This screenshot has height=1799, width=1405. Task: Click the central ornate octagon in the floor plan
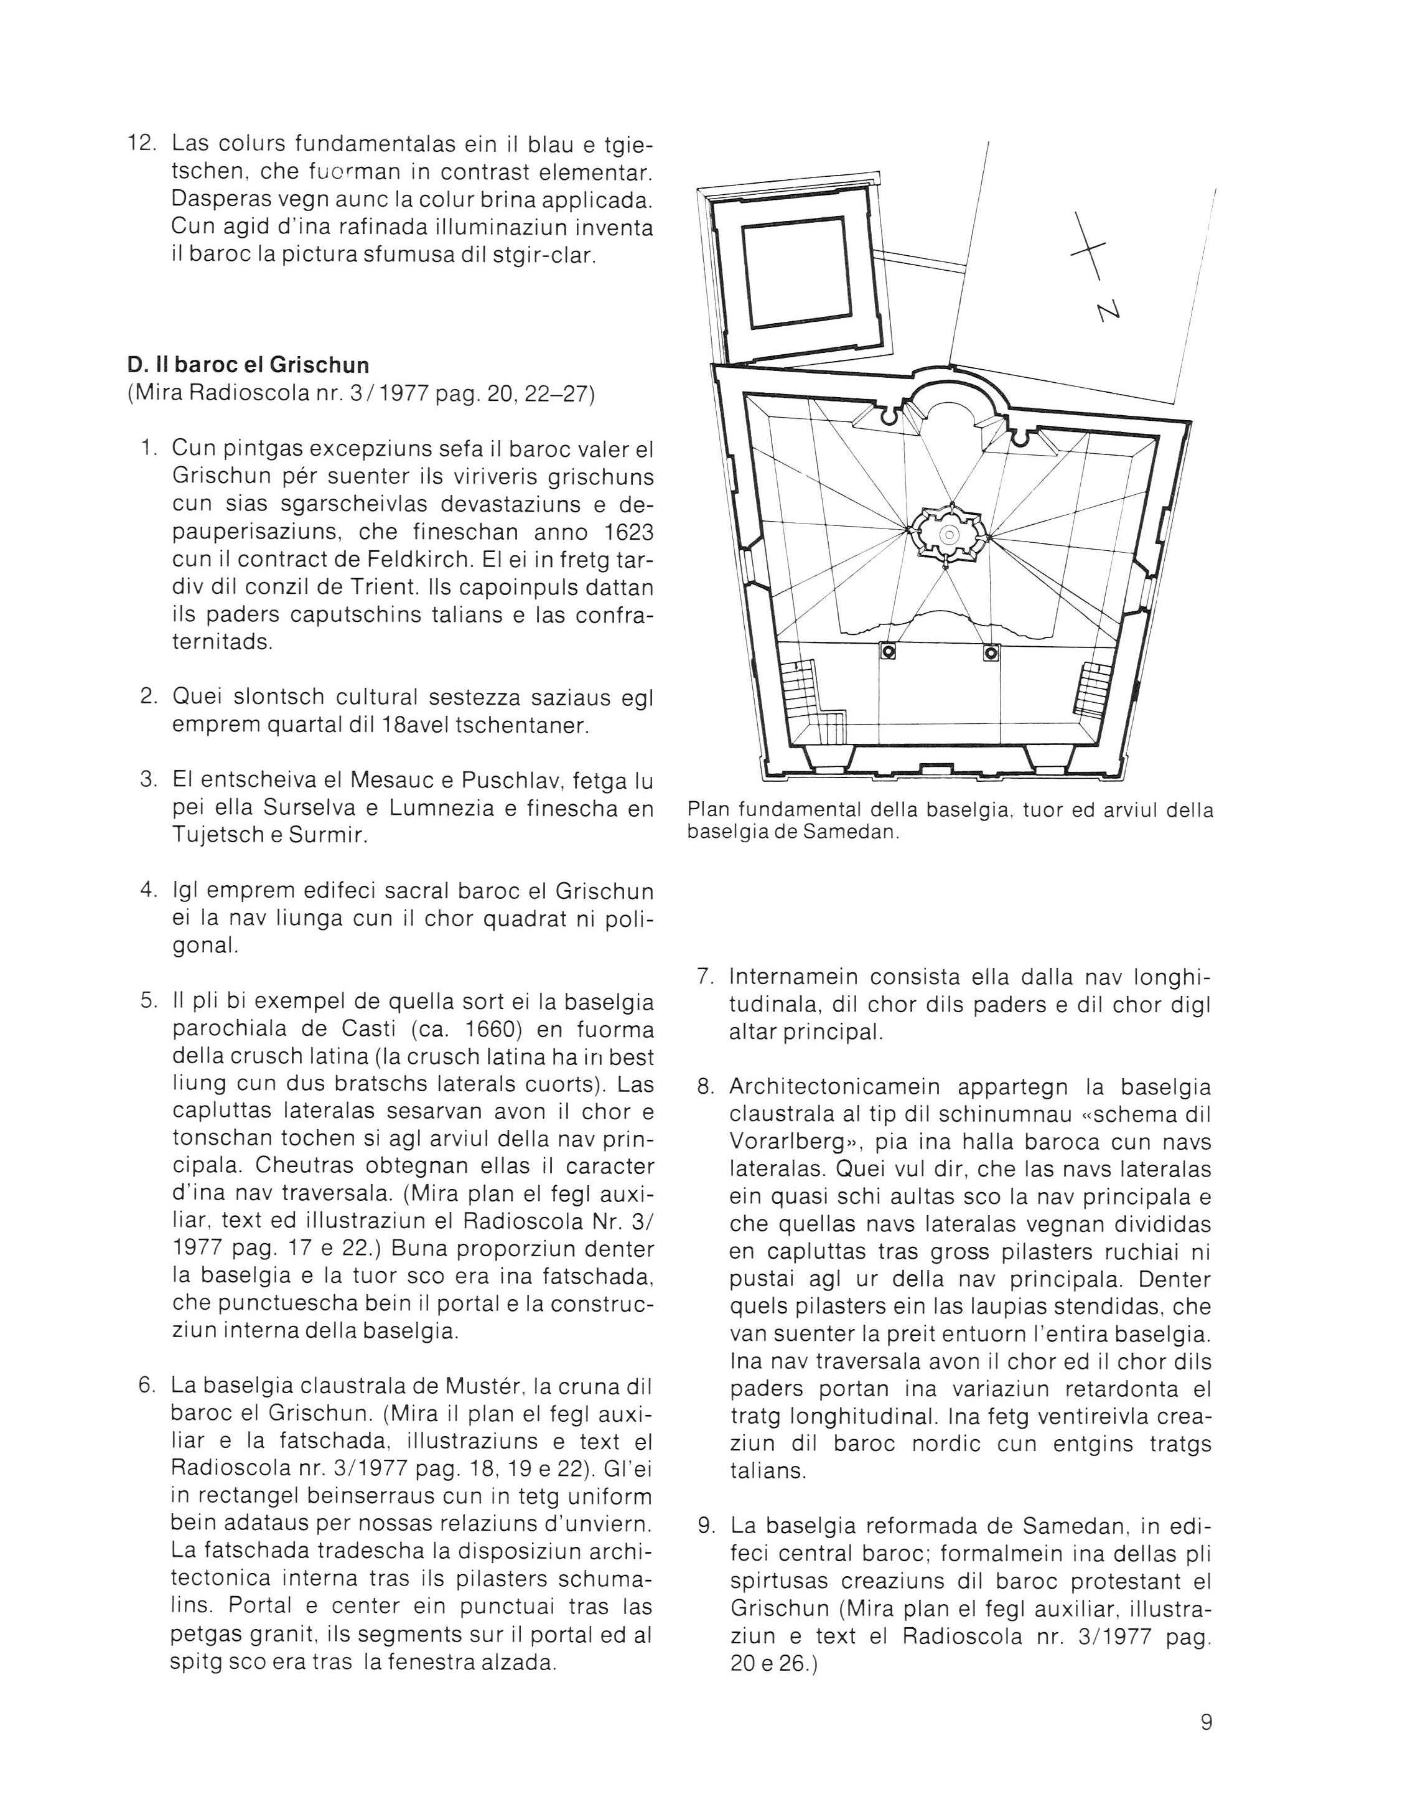point(950,535)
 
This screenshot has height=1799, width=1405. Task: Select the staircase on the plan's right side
point(1092,687)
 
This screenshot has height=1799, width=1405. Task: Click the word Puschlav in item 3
point(513,780)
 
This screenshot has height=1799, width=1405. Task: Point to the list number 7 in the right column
point(706,977)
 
